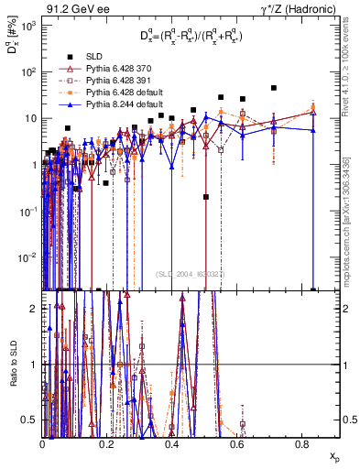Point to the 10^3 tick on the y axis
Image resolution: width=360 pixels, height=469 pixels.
(x=28, y=26)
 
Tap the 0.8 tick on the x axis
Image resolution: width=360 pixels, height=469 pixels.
(x=300, y=444)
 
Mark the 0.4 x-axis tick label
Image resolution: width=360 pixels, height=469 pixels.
(x=171, y=444)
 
